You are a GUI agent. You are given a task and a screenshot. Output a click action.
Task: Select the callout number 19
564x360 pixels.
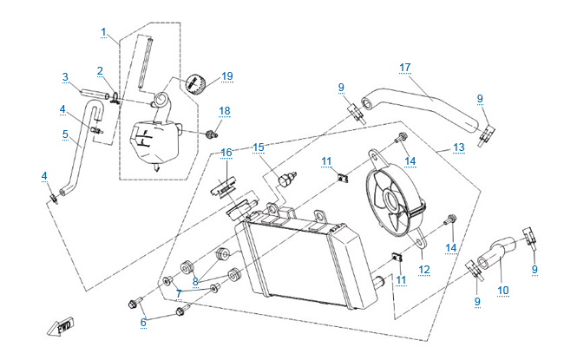226,76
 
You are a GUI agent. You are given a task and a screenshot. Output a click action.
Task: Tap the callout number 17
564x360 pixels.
404,67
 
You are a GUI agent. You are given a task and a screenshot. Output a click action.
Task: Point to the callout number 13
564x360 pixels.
459,147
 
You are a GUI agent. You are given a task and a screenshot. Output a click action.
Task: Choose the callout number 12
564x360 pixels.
424,270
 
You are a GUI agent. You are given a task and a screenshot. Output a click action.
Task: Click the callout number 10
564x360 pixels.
503,291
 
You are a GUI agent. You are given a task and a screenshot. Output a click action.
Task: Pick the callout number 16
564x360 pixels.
226,152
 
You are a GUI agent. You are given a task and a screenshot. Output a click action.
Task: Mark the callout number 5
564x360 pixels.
65,134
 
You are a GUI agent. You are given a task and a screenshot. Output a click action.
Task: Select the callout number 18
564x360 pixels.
225,111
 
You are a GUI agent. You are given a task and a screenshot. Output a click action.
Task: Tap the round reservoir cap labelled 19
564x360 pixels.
194,85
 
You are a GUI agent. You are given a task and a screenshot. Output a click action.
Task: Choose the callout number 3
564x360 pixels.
65,77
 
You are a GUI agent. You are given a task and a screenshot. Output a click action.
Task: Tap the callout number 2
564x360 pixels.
100,70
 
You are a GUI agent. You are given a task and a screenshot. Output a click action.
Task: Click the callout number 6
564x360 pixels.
144,323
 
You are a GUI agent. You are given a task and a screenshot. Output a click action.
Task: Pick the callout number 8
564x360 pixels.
196,280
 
